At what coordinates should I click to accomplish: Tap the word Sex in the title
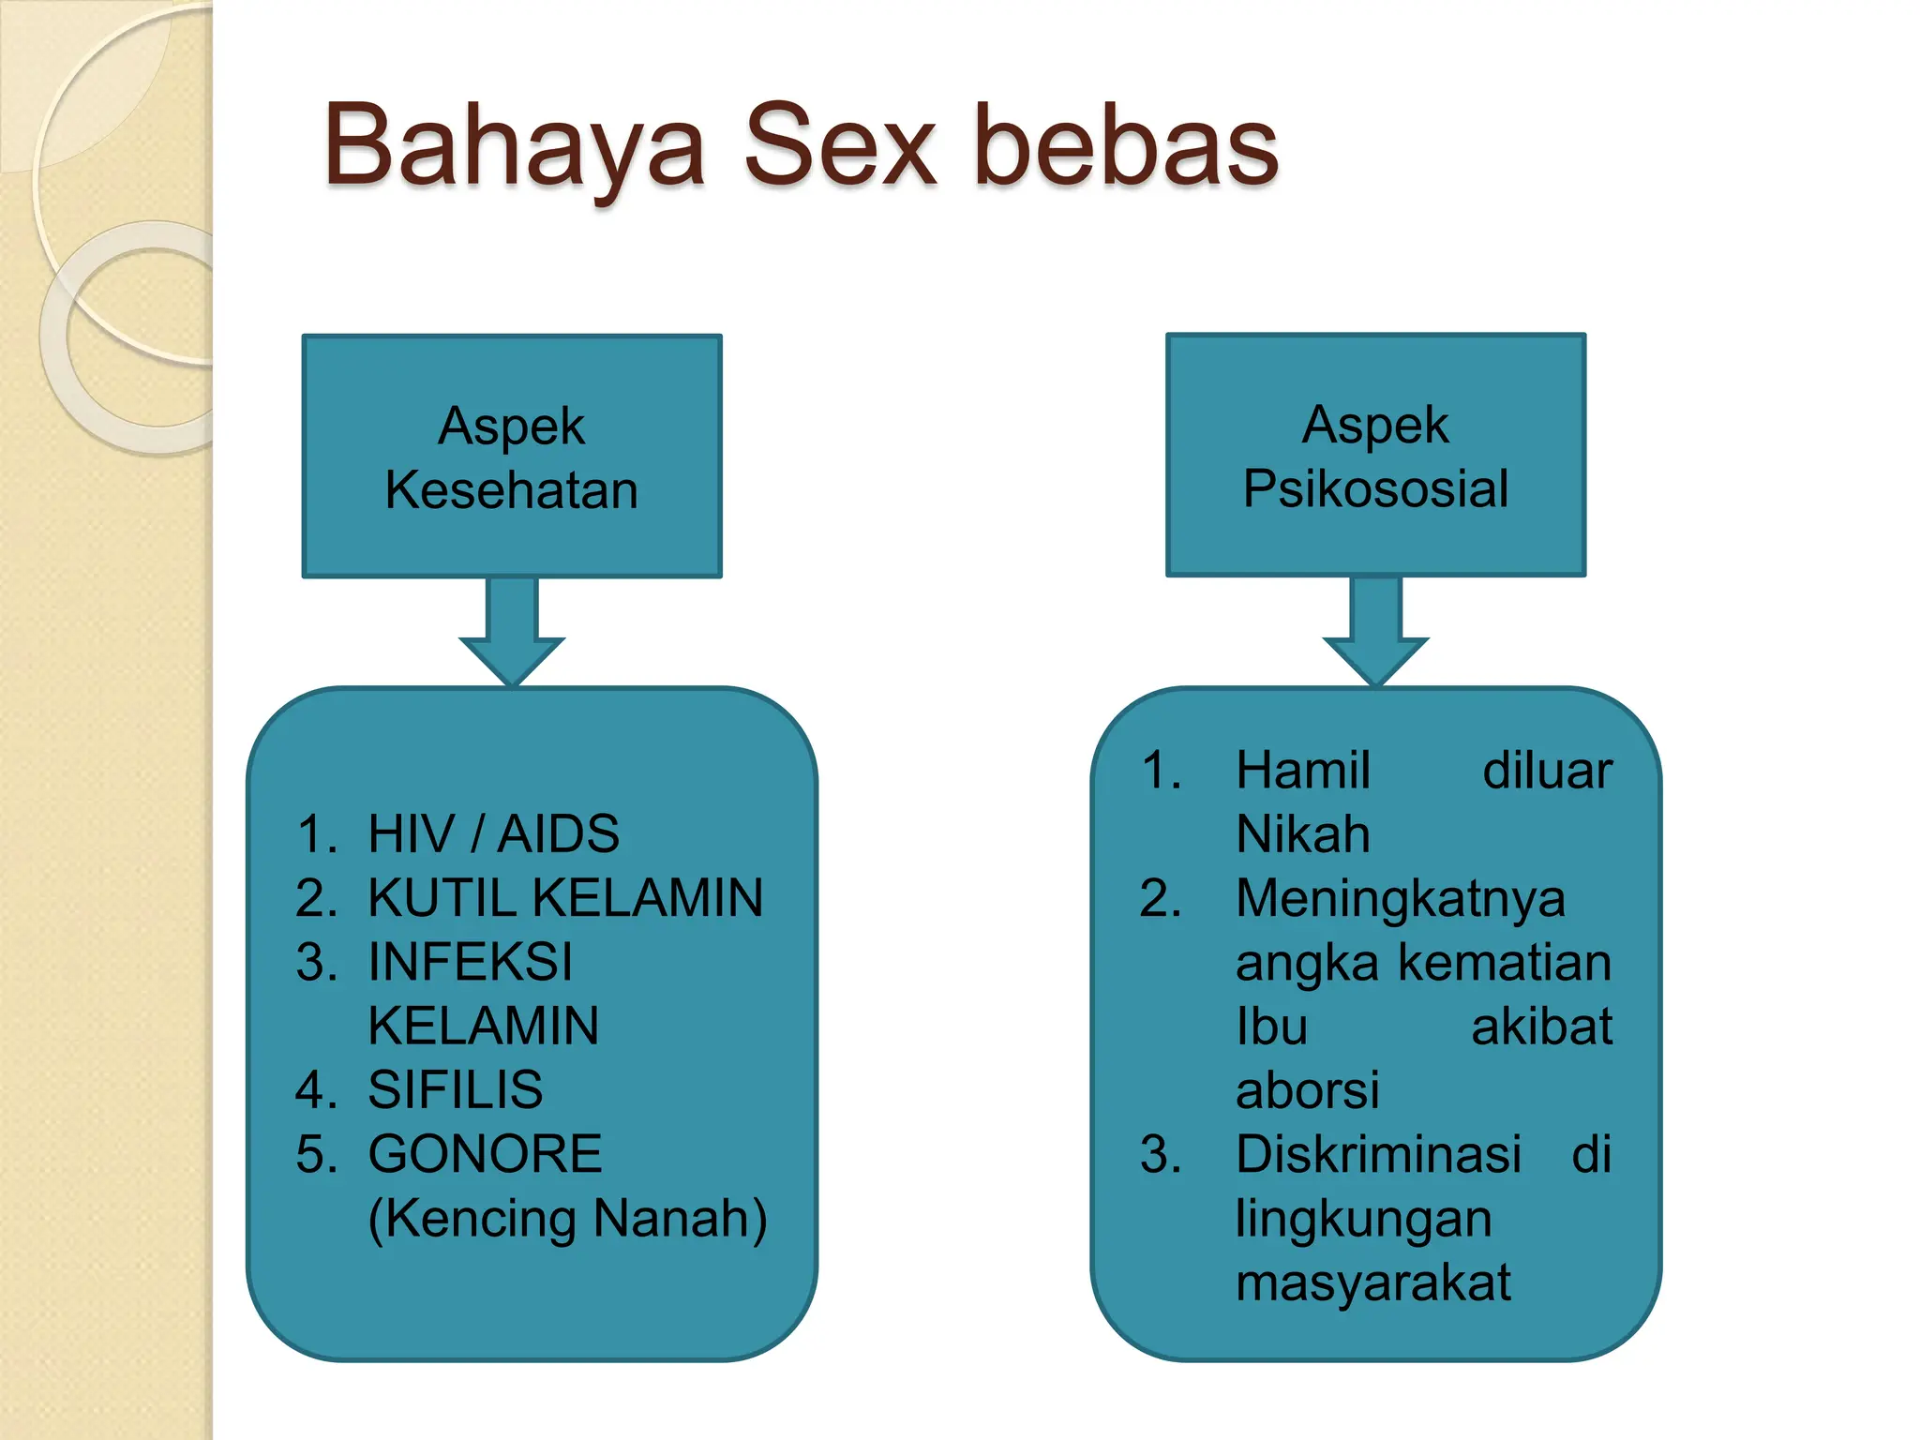point(840,145)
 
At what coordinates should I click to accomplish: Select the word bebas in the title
point(1126,145)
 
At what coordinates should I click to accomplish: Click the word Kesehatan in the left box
point(512,490)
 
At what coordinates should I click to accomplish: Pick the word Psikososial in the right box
point(1375,488)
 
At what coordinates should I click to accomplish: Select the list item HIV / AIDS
point(493,833)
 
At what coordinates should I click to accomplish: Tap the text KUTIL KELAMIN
point(565,897)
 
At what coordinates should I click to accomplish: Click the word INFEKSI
point(470,962)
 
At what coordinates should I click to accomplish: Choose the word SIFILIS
point(455,1089)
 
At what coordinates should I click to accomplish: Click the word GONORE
point(485,1154)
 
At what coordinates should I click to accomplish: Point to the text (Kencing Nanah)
point(567,1219)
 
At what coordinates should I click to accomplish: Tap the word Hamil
point(1302,771)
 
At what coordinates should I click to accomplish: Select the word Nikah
point(1302,834)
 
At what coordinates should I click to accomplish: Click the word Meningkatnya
point(1400,898)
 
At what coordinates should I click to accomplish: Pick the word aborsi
point(1307,1090)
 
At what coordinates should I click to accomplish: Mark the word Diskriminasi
point(1377,1154)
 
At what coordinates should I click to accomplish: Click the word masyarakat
point(1372,1282)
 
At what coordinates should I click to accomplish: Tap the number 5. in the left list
point(316,1154)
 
